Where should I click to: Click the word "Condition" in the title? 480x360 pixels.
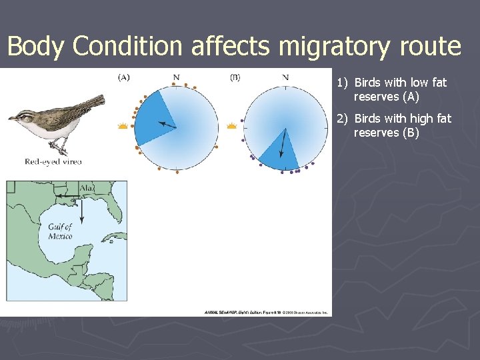[127, 47]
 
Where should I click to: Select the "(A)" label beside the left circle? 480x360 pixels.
[124, 77]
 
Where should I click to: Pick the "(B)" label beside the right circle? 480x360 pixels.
[235, 77]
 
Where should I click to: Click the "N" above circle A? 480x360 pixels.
[176, 77]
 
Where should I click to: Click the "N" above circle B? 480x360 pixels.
[285, 77]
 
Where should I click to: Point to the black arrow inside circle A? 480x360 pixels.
[167, 125]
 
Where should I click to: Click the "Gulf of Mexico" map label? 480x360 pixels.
[60, 231]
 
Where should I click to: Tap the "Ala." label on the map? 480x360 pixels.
[87, 189]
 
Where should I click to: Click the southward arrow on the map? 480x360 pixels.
[81, 210]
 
